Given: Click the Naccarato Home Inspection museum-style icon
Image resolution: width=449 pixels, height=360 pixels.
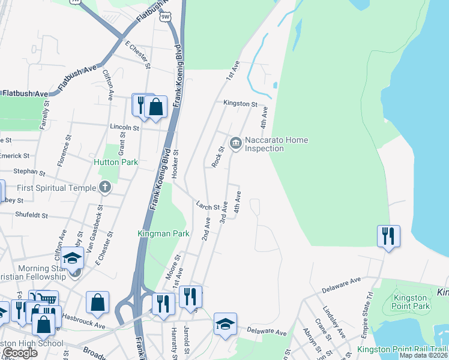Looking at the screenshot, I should [x=235, y=142].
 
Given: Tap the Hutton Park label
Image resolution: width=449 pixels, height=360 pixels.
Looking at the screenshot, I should [x=116, y=162].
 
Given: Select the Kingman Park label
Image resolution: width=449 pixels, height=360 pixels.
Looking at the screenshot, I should [x=163, y=233].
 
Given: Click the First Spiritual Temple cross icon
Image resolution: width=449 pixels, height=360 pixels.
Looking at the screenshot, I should [x=105, y=187].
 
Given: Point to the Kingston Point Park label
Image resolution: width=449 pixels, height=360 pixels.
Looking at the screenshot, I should [x=412, y=302].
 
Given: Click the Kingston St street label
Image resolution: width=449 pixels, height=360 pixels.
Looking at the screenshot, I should [x=240, y=104].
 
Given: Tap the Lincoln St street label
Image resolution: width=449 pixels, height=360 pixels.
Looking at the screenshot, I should [x=124, y=127].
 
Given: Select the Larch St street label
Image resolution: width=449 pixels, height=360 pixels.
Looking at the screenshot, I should [x=208, y=206].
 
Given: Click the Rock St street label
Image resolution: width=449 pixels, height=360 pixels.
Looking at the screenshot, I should [x=218, y=157].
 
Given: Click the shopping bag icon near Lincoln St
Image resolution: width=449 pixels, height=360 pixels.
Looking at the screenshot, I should [x=155, y=107].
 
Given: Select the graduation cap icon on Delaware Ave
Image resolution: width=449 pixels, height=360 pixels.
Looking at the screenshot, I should [x=226, y=325].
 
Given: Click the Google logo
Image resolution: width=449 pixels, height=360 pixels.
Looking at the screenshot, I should [x=20, y=353].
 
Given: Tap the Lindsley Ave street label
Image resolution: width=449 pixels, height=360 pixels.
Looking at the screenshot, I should [x=334, y=325].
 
